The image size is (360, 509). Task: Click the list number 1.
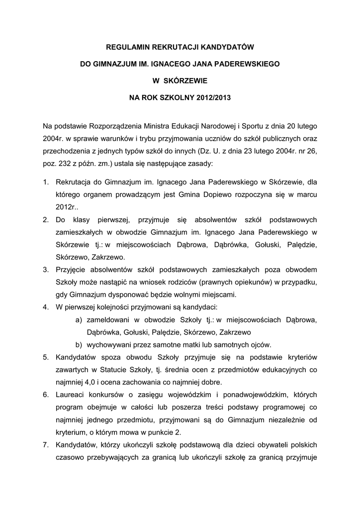(x=45, y=182)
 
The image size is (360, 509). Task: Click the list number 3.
(x=45, y=270)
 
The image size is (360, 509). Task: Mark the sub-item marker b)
(x=79, y=345)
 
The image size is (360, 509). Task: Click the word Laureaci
(x=71, y=395)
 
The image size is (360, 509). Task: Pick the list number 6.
(x=45, y=395)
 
